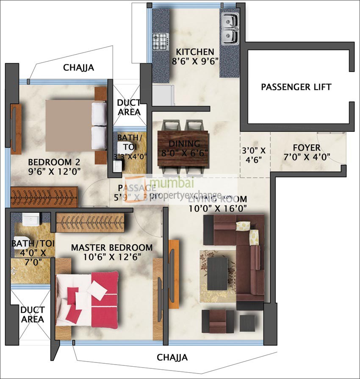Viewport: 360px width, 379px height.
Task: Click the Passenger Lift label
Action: click(x=296, y=87)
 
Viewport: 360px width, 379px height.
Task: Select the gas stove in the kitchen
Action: click(x=160, y=42)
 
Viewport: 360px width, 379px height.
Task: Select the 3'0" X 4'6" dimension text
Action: click(x=254, y=155)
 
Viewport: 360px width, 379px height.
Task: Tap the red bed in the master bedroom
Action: click(x=89, y=299)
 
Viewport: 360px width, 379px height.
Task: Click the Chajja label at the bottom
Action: click(x=172, y=357)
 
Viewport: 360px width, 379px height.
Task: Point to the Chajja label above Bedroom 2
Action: click(x=78, y=67)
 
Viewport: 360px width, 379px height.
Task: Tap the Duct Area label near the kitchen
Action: click(x=129, y=107)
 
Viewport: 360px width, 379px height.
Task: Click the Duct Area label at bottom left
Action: click(x=32, y=315)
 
